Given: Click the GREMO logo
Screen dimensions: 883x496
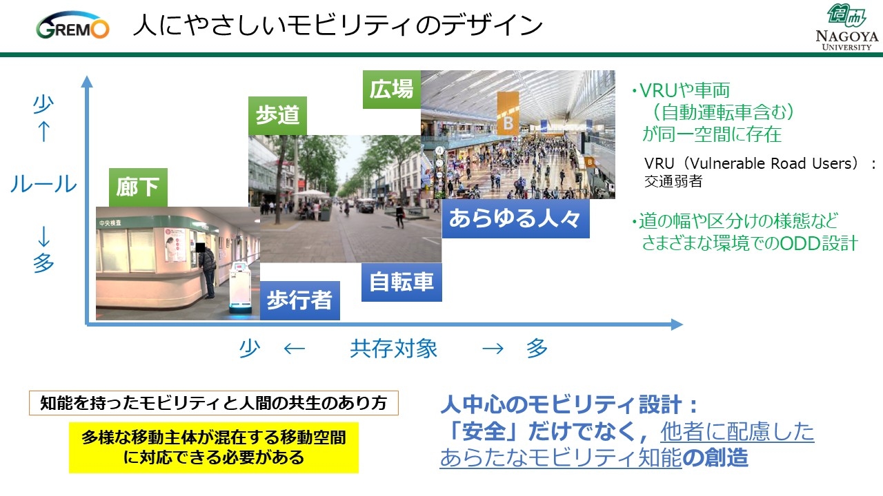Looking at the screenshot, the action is click(x=72, y=25).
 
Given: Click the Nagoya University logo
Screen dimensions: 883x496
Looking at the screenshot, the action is click(x=847, y=27).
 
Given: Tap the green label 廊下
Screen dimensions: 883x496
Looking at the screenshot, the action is click(x=138, y=187).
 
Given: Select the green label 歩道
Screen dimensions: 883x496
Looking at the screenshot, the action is click(x=277, y=116).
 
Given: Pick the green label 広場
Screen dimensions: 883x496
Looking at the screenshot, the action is click(x=392, y=90).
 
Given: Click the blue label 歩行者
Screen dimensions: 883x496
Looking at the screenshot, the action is click(x=299, y=300).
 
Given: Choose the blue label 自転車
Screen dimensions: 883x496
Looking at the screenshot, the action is click(x=401, y=282).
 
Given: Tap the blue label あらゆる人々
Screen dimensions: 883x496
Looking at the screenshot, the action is click(x=515, y=219).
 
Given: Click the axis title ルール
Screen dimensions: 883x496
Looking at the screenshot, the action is click(x=43, y=184).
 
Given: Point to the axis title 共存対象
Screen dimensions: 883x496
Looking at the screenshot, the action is click(x=394, y=349).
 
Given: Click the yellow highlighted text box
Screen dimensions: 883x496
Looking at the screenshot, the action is click(x=214, y=448).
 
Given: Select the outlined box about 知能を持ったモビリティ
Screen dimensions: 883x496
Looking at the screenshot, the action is click(x=214, y=403).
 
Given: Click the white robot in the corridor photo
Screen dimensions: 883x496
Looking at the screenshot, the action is click(x=240, y=288).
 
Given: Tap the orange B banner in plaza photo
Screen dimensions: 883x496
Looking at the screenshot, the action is click(x=508, y=114).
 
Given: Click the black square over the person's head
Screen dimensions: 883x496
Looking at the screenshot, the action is click(x=201, y=247).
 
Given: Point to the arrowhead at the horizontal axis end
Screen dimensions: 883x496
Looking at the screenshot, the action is click(x=677, y=324).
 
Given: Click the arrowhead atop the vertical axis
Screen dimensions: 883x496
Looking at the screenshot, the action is click(x=87, y=81).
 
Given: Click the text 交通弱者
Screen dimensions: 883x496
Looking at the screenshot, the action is click(x=673, y=181).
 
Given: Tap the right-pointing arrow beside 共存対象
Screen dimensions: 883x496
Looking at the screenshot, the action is click(x=493, y=349).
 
